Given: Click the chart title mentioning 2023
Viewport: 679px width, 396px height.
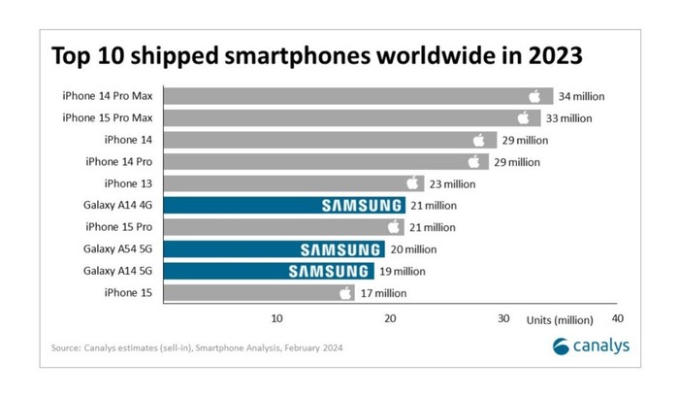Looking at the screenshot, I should [316, 55].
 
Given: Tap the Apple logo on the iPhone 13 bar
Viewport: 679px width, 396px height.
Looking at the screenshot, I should [412, 183].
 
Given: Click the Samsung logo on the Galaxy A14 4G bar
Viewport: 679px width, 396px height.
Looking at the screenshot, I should [361, 206].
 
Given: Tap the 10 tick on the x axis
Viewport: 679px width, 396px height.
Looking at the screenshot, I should [276, 318].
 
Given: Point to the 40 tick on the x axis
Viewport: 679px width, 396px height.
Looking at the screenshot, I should [617, 318].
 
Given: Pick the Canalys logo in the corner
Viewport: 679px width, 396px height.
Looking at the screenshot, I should [590, 346].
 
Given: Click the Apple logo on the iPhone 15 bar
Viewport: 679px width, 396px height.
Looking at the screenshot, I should [346, 293].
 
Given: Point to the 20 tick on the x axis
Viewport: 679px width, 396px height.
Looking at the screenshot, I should [390, 318].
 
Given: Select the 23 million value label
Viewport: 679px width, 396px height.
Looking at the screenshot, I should [452, 183].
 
